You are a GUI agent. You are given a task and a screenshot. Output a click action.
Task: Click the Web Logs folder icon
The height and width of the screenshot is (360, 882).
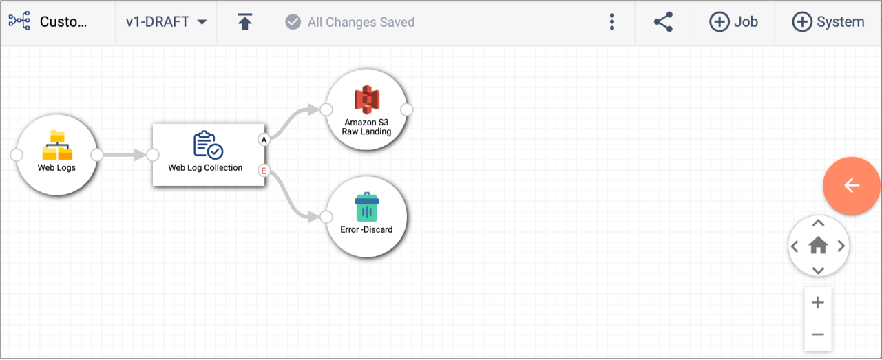(57, 145)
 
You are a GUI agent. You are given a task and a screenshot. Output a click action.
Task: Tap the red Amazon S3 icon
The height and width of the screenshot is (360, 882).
(366, 99)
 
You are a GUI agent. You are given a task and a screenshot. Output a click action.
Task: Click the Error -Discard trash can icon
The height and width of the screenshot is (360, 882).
(366, 207)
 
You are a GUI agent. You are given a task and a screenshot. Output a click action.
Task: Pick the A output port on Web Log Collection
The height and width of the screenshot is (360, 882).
(264, 140)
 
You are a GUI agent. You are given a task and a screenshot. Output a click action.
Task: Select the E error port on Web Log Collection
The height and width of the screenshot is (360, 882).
(264, 171)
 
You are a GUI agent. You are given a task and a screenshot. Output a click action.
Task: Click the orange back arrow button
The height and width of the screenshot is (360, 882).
(851, 186)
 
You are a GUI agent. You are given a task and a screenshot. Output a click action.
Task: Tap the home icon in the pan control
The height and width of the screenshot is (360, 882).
(818, 246)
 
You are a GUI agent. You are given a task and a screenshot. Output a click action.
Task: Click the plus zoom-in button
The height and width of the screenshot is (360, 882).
(818, 303)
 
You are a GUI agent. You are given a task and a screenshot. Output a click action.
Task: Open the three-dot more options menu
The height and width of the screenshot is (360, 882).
(612, 22)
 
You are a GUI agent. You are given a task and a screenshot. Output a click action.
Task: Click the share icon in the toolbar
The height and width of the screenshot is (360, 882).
(664, 22)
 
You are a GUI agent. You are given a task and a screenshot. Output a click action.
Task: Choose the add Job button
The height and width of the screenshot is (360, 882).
(733, 22)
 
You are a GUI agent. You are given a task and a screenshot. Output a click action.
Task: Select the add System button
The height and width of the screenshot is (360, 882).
(828, 22)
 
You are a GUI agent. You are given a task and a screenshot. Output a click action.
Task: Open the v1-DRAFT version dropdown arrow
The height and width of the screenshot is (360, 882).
(202, 22)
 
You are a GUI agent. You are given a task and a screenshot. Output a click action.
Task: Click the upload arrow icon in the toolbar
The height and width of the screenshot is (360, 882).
(244, 21)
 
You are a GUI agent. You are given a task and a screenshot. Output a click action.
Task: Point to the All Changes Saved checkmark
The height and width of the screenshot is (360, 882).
(293, 22)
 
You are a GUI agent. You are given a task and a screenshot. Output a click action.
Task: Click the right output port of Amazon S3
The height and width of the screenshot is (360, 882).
(407, 109)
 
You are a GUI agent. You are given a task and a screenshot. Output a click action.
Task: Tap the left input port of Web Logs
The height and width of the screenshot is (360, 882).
(17, 155)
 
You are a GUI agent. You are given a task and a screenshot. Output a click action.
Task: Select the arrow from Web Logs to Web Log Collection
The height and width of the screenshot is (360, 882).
(125, 155)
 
